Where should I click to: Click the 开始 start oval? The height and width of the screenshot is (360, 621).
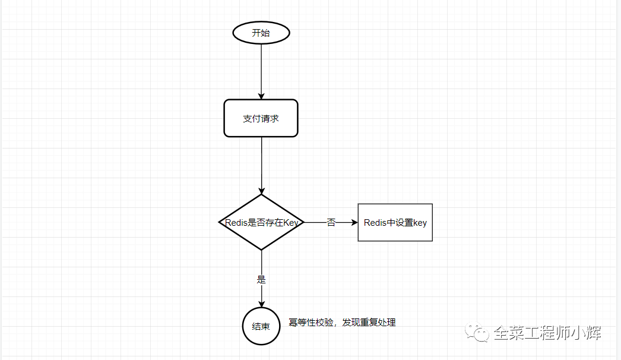(x=261, y=33)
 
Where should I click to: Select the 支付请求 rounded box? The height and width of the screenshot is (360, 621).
(x=261, y=118)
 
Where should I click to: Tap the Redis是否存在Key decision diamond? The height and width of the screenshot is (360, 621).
(x=261, y=223)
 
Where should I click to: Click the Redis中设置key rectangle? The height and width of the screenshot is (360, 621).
(x=395, y=223)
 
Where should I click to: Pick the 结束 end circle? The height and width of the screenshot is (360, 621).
(x=261, y=326)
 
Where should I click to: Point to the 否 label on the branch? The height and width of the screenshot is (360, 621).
(x=331, y=223)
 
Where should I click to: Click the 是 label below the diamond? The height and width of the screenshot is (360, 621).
(x=261, y=279)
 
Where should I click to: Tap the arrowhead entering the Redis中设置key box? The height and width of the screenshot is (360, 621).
(x=354, y=223)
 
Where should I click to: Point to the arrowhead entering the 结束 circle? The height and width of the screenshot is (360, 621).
(x=261, y=304)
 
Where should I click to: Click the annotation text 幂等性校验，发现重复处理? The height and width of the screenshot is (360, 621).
(x=342, y=323)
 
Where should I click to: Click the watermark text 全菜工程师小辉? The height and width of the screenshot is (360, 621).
(x=547, y=333)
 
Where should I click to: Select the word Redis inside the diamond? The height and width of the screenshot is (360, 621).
(x=236, y=223)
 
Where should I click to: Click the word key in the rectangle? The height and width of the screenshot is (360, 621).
(x=420, y=223)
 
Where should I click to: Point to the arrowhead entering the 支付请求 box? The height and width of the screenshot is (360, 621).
(x=261, y=96)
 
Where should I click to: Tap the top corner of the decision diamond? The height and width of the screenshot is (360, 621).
(x=261, y=195)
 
